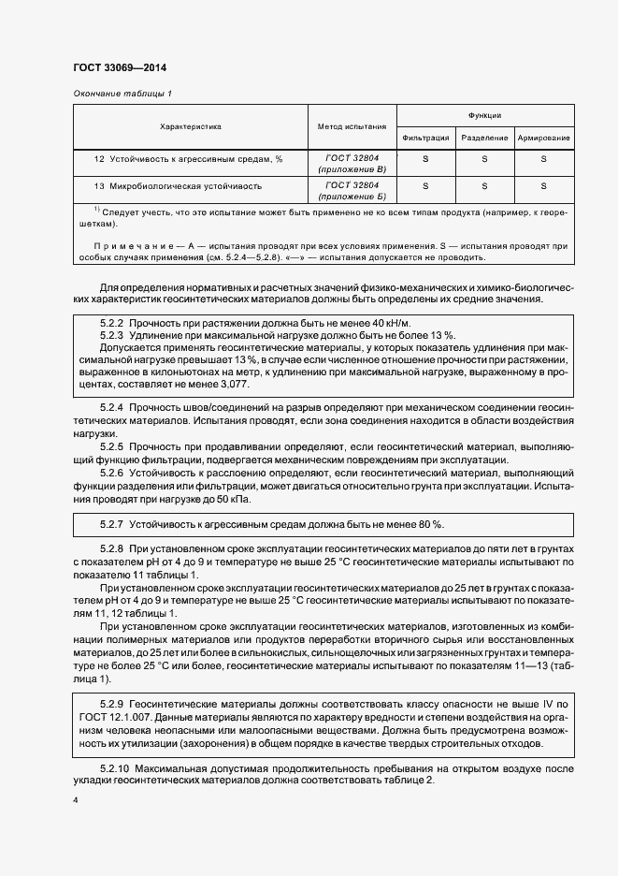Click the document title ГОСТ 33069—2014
click(x=119, y=67)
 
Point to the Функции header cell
click(x=484, y=115)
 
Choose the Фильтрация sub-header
click(x=426, y=138)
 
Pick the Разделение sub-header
click(x=484, y=138)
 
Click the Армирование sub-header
click(x=543, y=138)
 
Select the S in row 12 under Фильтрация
click(x=426, y=159)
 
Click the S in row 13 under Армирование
click(x=543, y=186)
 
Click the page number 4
click(x=76, y=801)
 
